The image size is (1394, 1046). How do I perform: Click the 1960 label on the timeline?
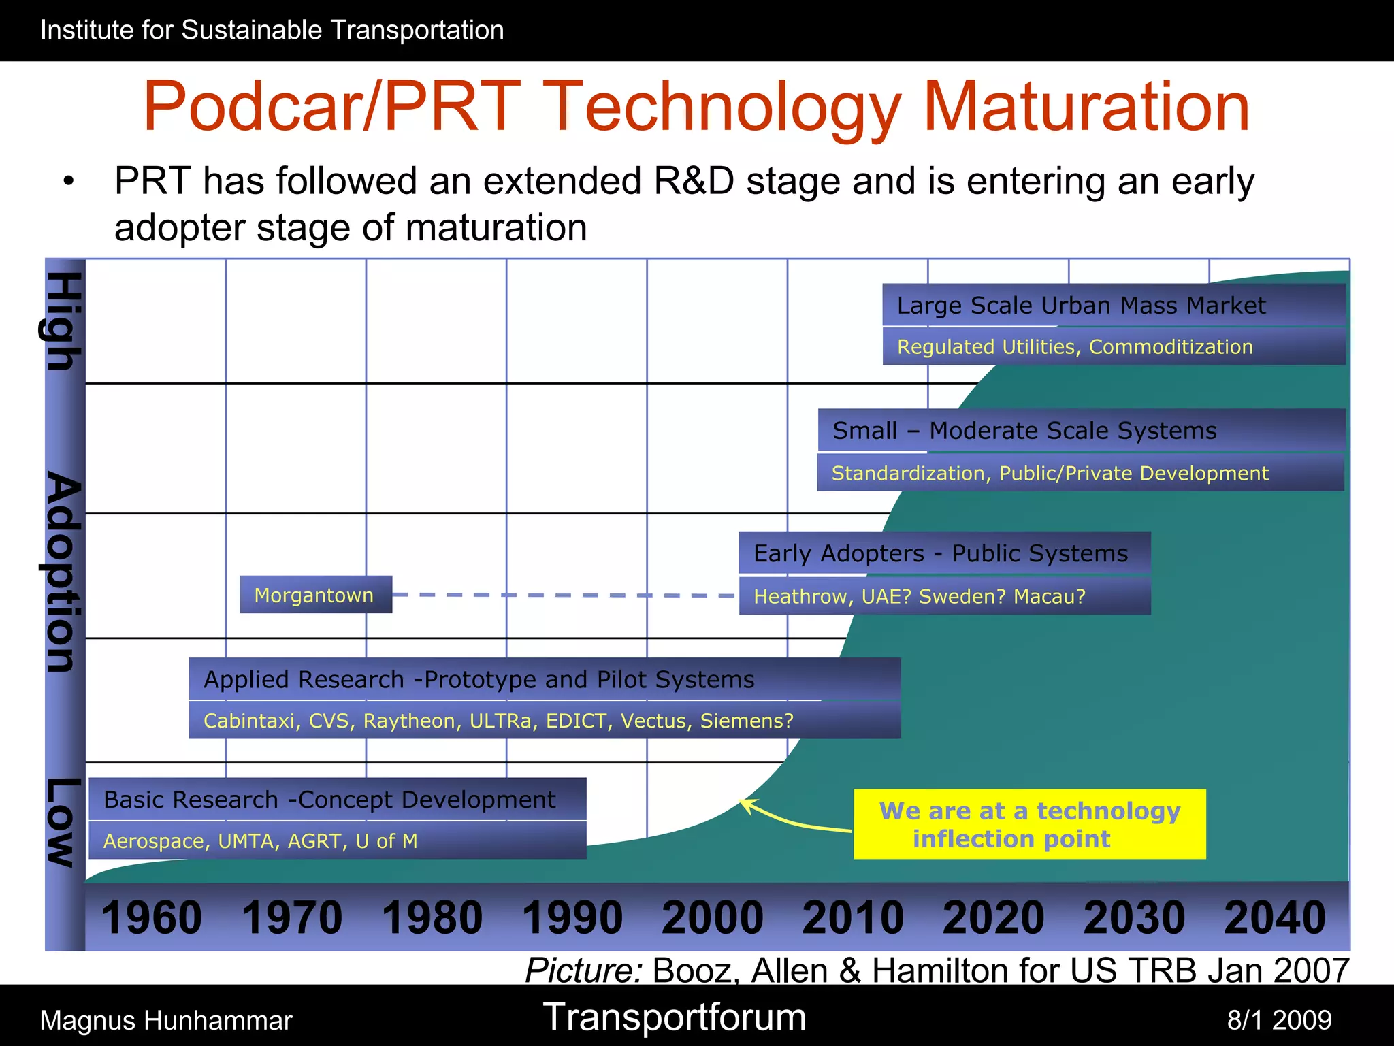tap(151, 917)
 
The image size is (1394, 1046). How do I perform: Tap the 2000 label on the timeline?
tap(712, 917)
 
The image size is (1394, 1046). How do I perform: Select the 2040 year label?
tap(1274, 917)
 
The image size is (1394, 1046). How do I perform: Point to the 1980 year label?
tap(432, 917)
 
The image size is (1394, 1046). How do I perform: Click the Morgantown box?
tap(315, 595)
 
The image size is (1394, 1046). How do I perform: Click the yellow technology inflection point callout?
tap(1029, 824)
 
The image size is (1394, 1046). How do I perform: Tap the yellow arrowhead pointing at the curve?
tap(746, 805)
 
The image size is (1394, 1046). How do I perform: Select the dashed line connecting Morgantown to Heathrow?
tap(565, 595)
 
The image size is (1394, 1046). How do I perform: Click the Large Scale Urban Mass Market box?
tap(1114, 305)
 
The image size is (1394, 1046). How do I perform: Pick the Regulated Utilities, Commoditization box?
tap(1114, 347)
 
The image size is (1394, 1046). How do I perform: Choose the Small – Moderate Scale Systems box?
tap(1081, 430)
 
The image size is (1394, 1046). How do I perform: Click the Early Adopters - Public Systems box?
tap(945, 553)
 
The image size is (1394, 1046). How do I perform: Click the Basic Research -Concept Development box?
tap(337, 799)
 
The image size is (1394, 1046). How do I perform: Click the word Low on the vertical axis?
tap(63, 822)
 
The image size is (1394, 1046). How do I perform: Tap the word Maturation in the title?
tap(1086, 107)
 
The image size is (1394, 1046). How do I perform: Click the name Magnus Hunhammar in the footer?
tap(166, 1021)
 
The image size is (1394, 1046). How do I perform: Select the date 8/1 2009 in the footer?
tap(1279, 1020)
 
